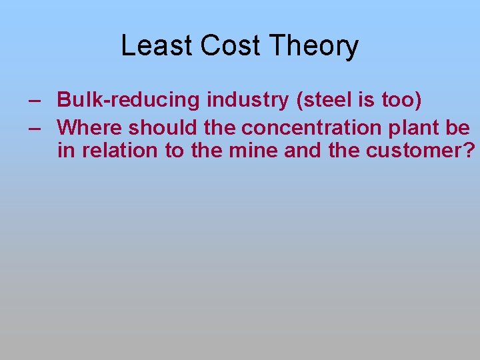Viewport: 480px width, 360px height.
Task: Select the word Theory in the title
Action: coord(313,46)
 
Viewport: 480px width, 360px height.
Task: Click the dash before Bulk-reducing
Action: coord(33,101)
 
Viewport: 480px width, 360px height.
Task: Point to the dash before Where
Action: coord(33,127)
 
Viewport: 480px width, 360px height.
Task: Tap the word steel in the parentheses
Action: coord(324,101)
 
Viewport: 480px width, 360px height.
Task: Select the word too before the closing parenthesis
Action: coord(399,101)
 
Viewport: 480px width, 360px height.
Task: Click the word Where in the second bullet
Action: coord(90,127)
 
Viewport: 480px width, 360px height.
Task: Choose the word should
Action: coord(161,127)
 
